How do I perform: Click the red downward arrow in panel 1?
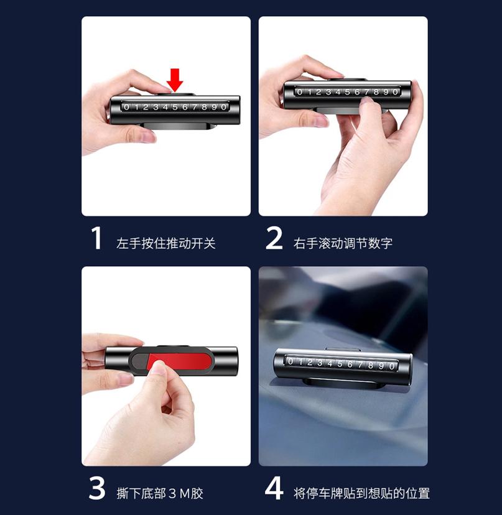point(175,80)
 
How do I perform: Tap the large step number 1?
point(96,238)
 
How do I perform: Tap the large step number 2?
point(274,238)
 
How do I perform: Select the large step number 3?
point(97,488)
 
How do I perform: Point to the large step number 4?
point(274,488)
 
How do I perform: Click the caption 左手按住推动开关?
point(166,243)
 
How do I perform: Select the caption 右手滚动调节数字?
point(343,243)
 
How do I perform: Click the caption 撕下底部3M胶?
point(160,493)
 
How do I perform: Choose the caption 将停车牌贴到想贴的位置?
point(361,493)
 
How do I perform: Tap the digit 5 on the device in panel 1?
point(175,107)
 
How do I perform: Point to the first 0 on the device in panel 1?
point(126,107)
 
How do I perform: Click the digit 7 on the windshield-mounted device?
point(360,364)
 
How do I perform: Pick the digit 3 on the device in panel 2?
point(328,92)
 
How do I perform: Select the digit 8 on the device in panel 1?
point(205,107)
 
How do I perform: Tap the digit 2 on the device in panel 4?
point(310,362)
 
